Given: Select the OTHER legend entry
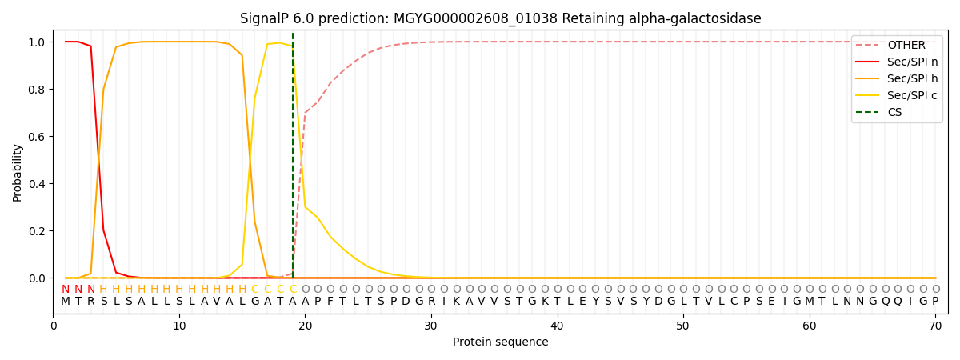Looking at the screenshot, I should pyautogui.click(x=906, y=46).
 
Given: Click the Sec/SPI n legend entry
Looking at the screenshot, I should pyautogui.click(x=912, y=62).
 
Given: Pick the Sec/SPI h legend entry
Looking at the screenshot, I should pyautogui.click(x=912, y=78).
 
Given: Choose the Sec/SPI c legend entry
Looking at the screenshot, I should pyautogui.click(x=912, y=95).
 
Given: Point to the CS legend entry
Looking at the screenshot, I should pyautogui.click(x=894, y=112).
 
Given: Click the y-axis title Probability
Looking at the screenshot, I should pyautogui.click(x=18, y=172).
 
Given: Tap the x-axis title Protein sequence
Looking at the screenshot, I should pyautogui.click(x=501, y=342).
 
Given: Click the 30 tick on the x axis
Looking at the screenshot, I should pyautogui.click(x=431, y=326).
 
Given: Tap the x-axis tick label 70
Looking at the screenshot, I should pyautogui.click(x=935, y=326).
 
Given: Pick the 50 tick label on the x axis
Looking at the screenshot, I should pyautogui.click(x=683, y=326).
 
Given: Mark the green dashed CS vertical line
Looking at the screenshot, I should pyautogui.click(x=293, y=160).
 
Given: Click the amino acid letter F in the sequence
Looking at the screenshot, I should pyautogui.click(x=330, y=302).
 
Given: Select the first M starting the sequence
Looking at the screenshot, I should pyautogui.click(x=66, y=302).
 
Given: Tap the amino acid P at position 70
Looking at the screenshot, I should pyautogui.click(x=935, y=302).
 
